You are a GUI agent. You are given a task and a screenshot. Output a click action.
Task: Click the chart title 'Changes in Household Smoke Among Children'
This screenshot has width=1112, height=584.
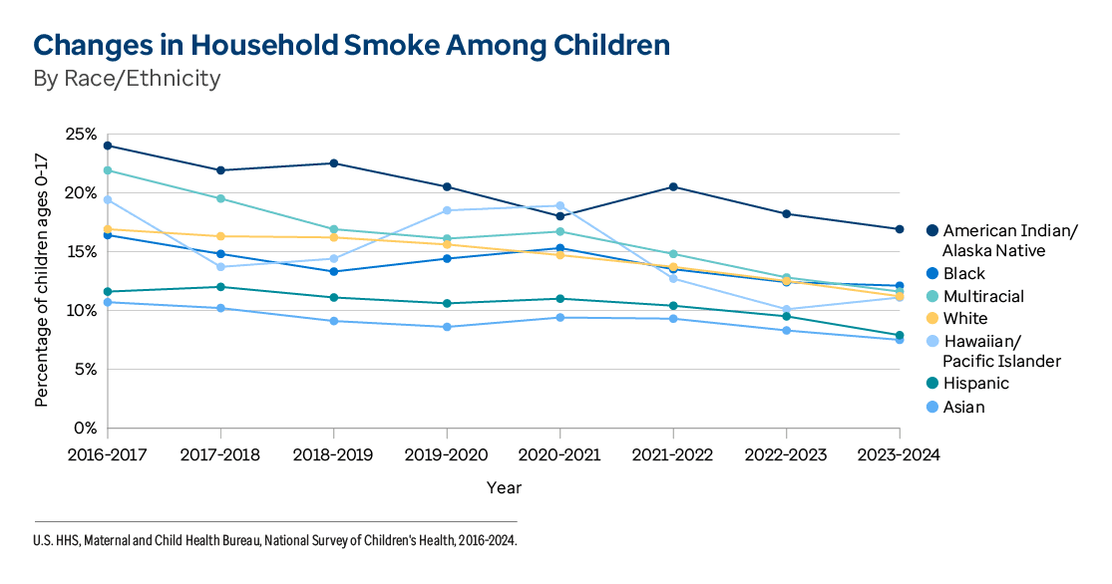(351, 45)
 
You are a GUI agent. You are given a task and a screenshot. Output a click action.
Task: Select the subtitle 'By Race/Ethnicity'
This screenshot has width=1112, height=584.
(127, 78)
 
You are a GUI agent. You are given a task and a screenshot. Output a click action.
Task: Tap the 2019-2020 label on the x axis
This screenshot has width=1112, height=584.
(446, 454)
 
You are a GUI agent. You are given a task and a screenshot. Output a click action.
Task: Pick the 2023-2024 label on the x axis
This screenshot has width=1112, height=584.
(899, 454)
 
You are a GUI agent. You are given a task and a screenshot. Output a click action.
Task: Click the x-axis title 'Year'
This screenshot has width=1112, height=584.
(504, 488)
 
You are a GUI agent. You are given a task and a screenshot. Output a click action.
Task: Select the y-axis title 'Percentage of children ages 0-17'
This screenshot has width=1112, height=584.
(42, 280)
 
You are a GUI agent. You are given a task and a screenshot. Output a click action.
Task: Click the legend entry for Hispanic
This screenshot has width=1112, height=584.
(975, 384)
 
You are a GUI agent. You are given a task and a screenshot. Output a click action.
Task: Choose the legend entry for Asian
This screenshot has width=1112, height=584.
(963, 407)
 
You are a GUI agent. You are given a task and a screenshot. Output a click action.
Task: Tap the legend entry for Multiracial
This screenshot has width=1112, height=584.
(981, 296)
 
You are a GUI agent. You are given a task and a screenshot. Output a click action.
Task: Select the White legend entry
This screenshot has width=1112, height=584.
(964, 319)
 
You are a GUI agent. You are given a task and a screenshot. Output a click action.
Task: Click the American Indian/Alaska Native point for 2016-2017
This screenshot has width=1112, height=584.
(107, 146)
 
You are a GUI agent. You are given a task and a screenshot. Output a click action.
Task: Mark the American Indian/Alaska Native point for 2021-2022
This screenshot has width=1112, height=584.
(673, 186)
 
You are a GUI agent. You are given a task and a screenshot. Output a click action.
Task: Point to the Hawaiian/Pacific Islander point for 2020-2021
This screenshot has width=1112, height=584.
(559, 205)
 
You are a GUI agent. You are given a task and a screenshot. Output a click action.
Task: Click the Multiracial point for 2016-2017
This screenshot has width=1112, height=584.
(107, 170)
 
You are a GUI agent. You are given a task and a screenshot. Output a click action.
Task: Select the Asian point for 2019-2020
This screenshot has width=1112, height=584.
(446, 327)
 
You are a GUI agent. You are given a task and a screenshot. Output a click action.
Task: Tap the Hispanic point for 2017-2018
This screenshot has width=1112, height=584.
(219, 287)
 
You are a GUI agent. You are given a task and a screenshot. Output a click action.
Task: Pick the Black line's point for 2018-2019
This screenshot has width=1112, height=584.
(333, 271)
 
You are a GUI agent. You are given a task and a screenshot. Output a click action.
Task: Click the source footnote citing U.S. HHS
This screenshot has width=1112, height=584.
(276, 540)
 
